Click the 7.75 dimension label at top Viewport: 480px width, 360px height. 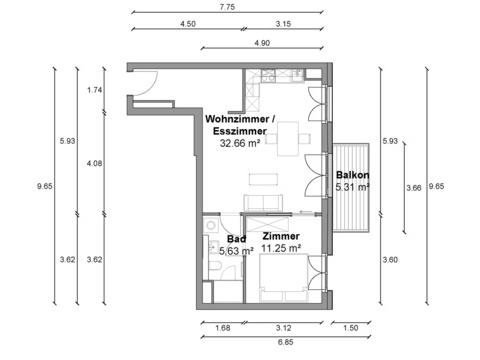(227, 7)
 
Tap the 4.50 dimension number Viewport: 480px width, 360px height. (188, 24)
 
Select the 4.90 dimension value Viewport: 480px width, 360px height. (262, 43)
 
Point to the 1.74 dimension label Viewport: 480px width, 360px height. (94, 90)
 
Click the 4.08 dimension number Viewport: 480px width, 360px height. (94, 163)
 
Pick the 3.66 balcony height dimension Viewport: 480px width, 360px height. (414, 188)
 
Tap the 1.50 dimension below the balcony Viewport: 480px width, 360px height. (351, 328)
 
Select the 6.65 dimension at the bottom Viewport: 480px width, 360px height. (286, 342)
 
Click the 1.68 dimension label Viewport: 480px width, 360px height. (223, 328)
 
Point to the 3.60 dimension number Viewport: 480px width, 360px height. (390, 260)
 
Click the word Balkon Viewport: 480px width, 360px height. (352, 175)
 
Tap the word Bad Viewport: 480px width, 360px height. (237, 239)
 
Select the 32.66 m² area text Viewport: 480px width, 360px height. (240, 143)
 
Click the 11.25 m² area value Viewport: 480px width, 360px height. (281, 248)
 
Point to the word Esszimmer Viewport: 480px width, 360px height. (240, 131)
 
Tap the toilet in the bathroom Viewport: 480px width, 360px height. (215, 267)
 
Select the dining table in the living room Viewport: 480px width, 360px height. (288, 139)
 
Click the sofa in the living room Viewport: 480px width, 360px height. (264, 202)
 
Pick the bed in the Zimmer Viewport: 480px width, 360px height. (284, 278)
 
